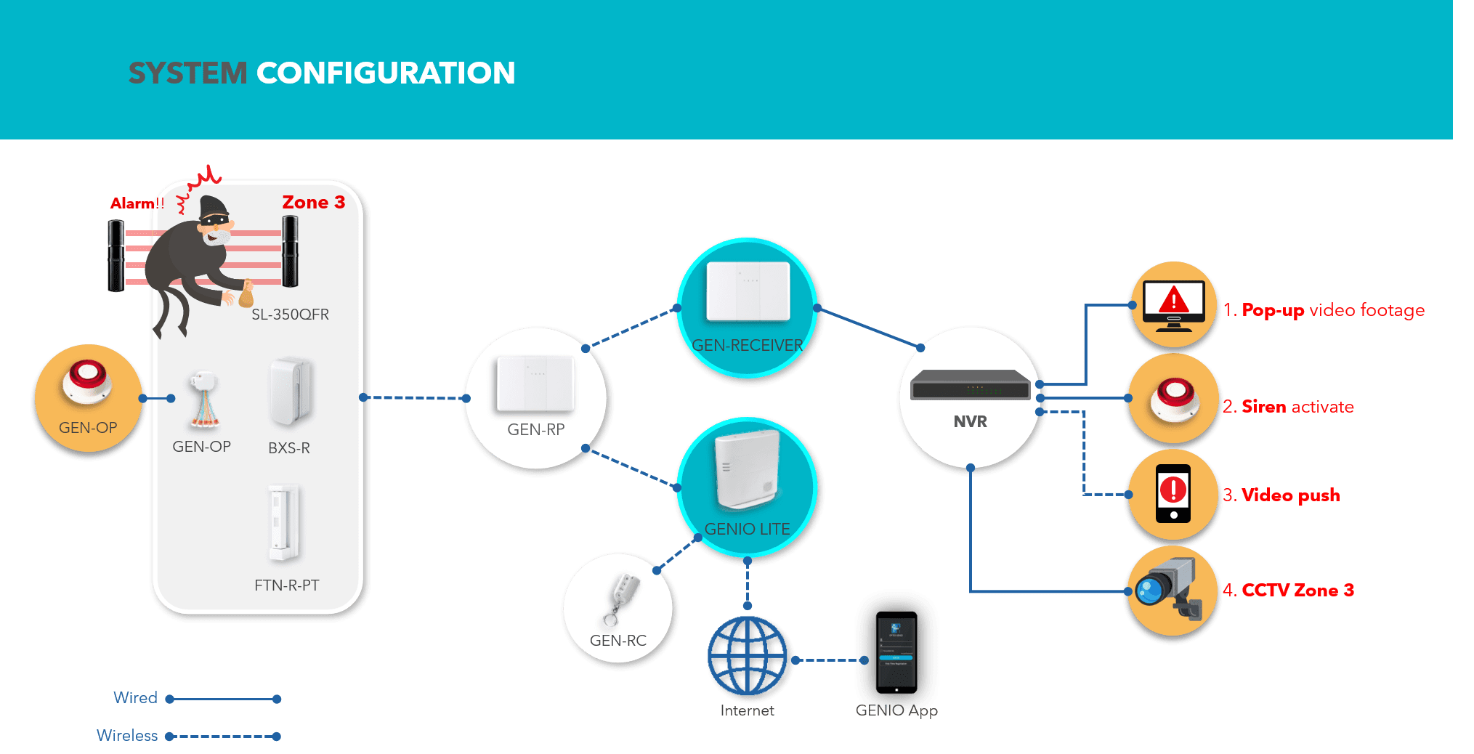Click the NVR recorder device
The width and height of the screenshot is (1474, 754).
coord(970,385)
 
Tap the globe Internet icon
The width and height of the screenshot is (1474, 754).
coord(748,656)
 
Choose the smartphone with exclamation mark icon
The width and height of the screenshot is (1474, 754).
coord(1173,493)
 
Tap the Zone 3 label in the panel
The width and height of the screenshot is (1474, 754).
coord(313,203)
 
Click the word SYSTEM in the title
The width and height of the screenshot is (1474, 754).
coord(187,73)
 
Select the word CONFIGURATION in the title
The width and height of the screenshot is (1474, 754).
coord(386,73)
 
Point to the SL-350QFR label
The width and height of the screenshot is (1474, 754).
coord(290,315)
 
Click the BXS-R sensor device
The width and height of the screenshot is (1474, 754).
coord(290,391)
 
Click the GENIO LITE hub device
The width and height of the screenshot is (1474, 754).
coord(747,470)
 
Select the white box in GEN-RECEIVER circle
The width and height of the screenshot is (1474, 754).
coord(748,291)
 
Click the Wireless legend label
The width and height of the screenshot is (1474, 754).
coord(128,736)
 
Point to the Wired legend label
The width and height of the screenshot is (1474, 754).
coord(136,698)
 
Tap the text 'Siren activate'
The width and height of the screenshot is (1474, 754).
coord(1297,407)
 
